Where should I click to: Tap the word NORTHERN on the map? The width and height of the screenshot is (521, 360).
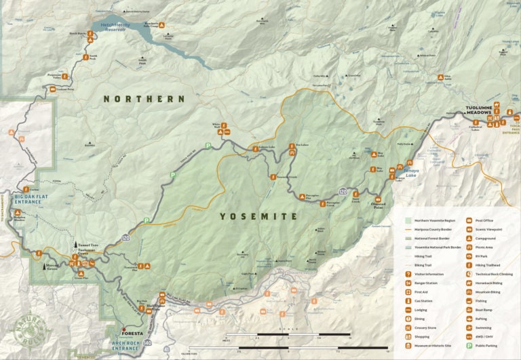(x=144, y=99)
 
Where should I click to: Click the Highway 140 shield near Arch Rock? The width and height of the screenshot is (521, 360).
(x=148, y=344)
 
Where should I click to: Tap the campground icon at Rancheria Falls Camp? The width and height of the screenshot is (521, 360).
(x=163, y=23)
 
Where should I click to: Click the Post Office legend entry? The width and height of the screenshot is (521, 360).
(x=483, y=220)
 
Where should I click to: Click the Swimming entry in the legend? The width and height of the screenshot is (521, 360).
(x=483, y=327)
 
